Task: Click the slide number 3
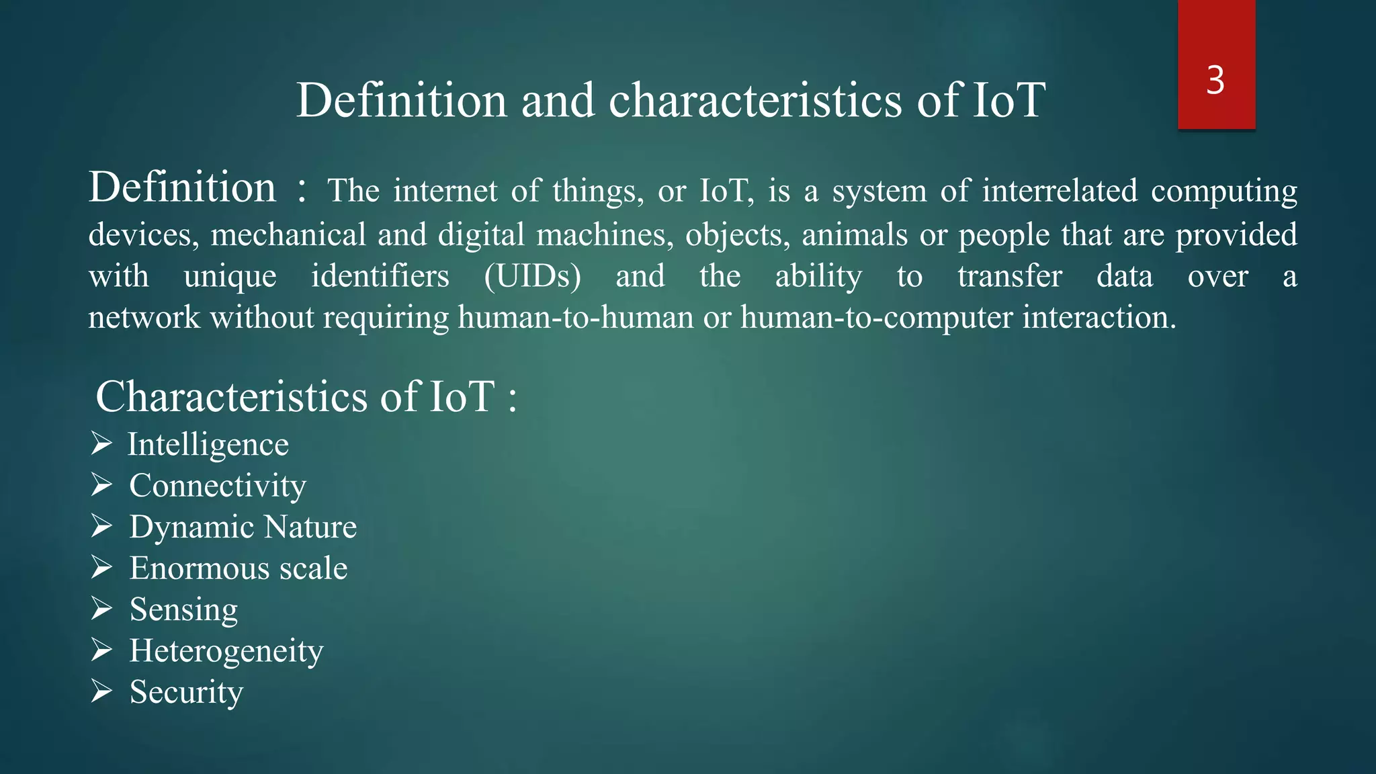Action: (x=1215, y=81)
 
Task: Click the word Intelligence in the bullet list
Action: (x=208, y=445)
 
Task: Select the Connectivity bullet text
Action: (x=218, y=486)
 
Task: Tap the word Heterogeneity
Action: (x=226, y=651)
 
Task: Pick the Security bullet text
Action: (x=186, y=692)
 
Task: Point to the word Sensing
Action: (x=183, y=610)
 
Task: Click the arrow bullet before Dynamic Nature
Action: (x=101, y=526)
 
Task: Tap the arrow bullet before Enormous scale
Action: (x=101, y=568)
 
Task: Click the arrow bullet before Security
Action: (x=101, y=691)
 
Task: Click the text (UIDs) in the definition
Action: (x=532, y=276)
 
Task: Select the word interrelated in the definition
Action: (x=1060, y=191)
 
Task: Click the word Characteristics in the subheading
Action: (x=232, y=396)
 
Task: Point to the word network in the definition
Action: (x=144, y=317)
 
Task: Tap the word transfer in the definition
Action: (x=1009, y=276)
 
